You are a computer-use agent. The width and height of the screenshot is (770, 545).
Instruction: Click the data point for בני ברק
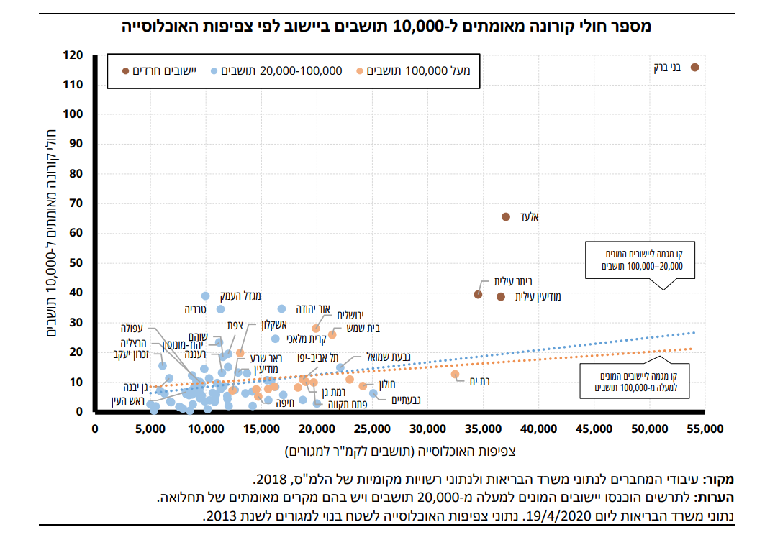694,67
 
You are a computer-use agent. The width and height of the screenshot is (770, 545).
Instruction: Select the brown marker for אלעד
506,216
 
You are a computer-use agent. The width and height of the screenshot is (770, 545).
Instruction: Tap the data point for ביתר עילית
478,294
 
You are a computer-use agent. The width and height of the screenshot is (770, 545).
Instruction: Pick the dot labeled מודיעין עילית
501,296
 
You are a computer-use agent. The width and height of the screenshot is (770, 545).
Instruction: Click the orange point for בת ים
455,374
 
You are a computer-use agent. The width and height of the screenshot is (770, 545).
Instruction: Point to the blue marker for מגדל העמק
205,296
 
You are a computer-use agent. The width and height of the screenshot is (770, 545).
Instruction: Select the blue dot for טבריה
221,309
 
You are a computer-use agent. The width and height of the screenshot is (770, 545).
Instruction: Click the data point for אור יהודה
281,308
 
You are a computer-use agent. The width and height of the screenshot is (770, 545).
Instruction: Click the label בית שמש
363,328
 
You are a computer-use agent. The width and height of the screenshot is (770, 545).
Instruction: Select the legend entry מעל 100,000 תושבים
418,70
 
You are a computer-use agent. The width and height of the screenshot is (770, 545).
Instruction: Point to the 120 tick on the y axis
73,55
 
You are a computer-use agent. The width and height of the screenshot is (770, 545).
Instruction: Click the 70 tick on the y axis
76,203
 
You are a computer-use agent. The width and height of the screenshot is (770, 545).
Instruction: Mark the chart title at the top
385,27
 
